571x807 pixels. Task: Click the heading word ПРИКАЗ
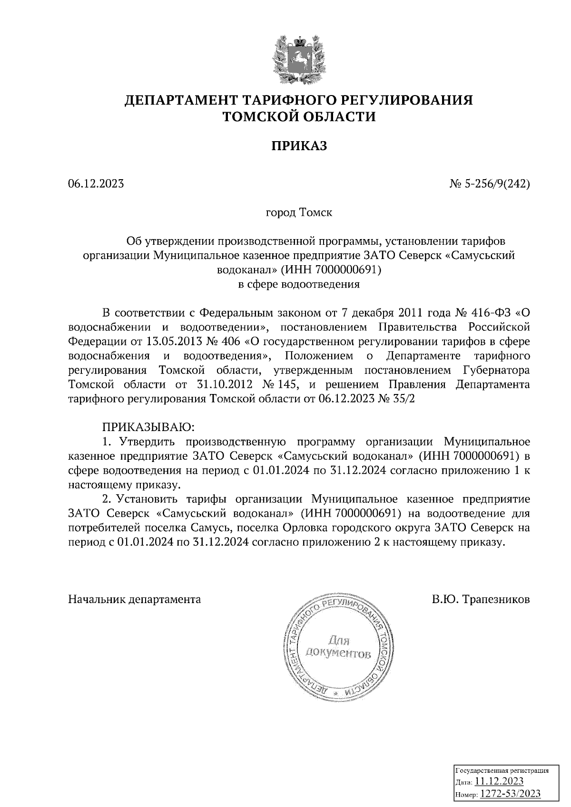coord(299,146)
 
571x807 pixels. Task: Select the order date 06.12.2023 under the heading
coord(96,183)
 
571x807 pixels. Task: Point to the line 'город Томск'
coord(299,212)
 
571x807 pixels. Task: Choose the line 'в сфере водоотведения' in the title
coord(299,285)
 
